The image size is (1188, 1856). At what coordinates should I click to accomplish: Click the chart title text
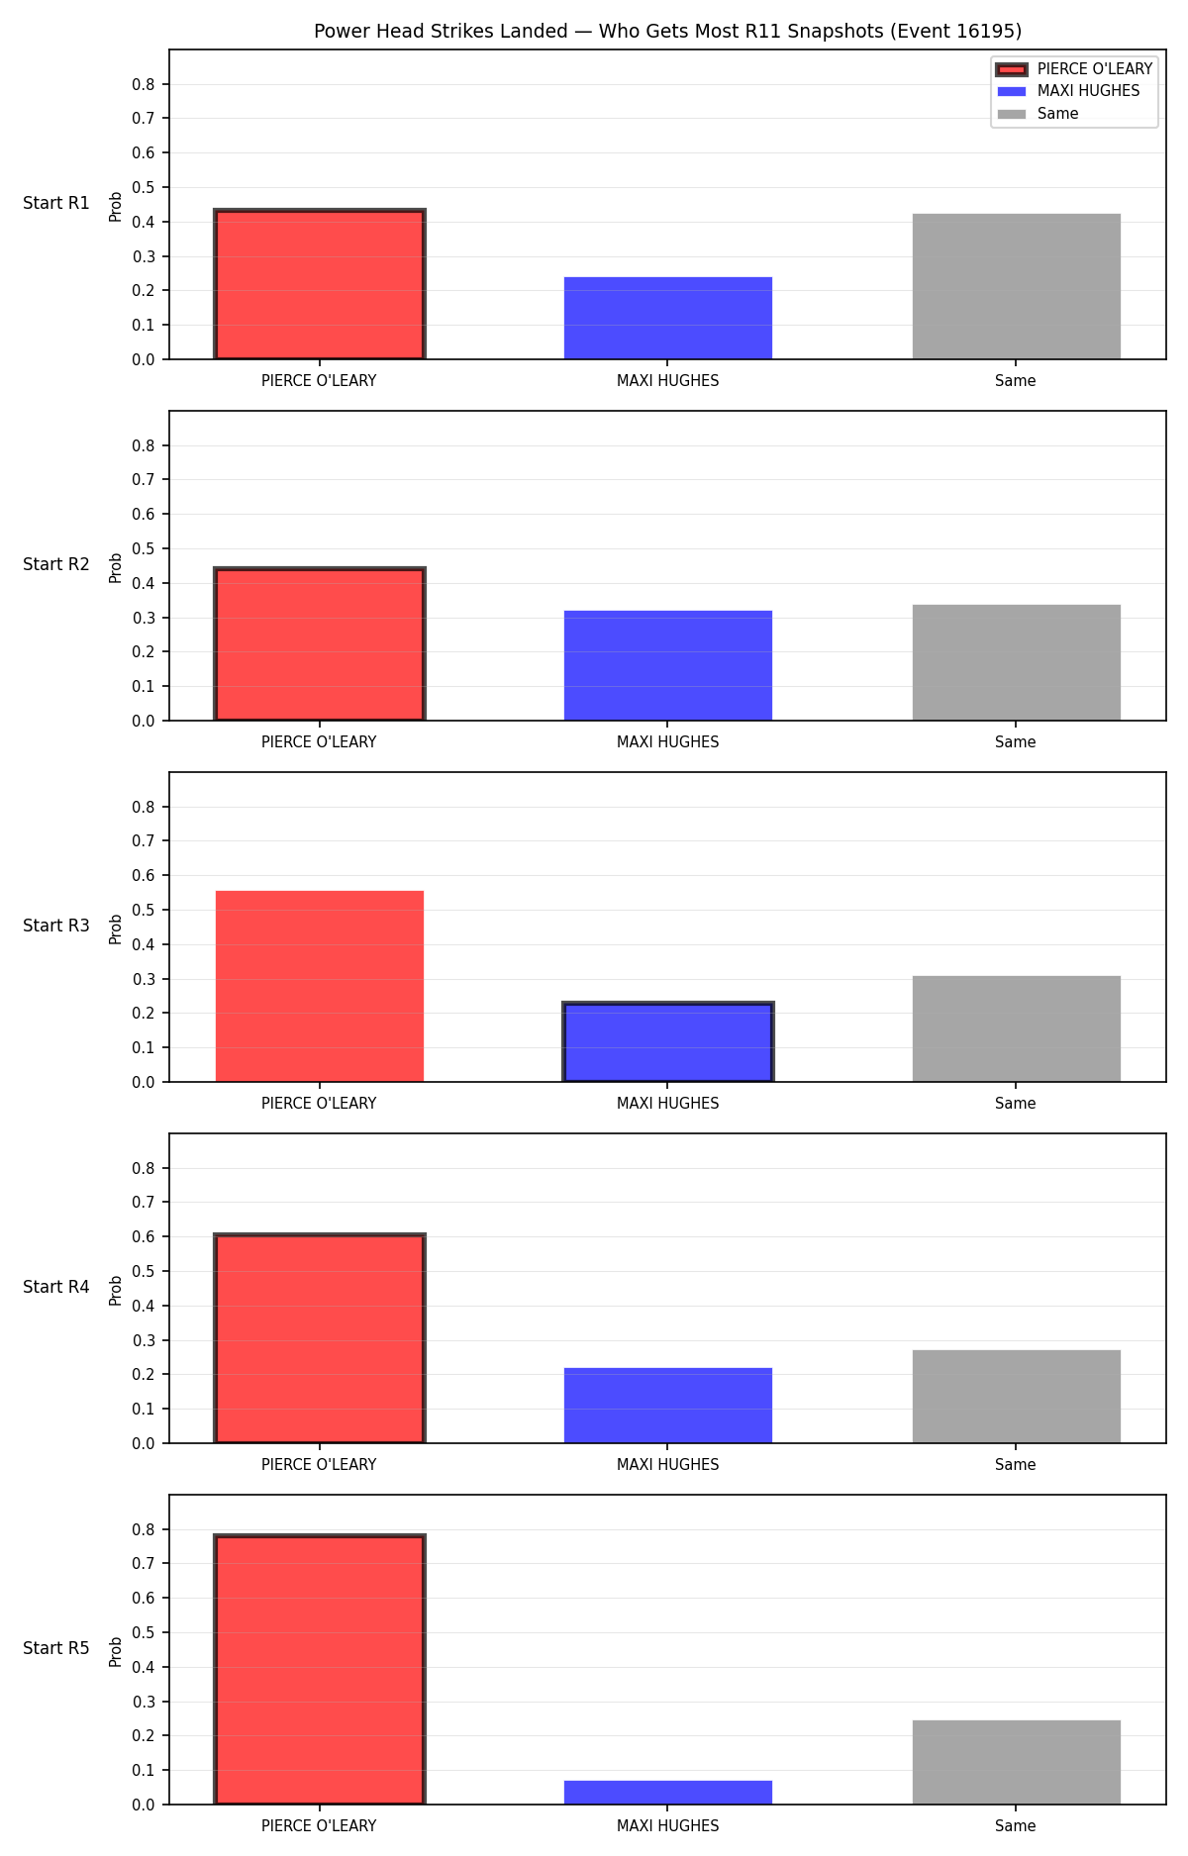click(667, 31)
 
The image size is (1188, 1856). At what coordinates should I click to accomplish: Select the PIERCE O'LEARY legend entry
click(1074, 69)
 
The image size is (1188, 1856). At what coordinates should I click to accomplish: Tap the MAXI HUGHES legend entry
click(1068, 91)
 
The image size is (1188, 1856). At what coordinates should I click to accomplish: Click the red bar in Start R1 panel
click(320, 285)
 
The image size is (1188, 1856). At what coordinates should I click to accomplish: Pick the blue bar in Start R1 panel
click(668, 318)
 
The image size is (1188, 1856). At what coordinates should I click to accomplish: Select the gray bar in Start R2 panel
click(1017, 662)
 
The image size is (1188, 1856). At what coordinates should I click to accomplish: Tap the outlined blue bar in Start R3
click(668, 1042)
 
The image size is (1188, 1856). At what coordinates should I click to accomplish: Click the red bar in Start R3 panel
click(320, 986)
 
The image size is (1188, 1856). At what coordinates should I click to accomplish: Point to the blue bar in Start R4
click(668, 1406)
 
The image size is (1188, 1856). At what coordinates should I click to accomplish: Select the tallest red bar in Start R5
click(320, 1670)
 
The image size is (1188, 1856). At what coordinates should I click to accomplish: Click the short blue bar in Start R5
click(668, 1793)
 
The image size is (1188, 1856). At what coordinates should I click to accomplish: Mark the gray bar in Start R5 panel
click(1017, 1762)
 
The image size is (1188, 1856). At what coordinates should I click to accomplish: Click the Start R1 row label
click(56, 203)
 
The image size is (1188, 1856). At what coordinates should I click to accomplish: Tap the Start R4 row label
click(56, 1287)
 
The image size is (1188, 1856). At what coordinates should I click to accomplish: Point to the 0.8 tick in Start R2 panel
click(144, 445)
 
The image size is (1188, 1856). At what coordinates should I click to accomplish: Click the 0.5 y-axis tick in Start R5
click(144, 1632)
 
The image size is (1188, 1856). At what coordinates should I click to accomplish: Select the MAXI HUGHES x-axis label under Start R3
click(668, 1103)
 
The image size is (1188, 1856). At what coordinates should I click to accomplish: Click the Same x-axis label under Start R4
click(1016, 1464)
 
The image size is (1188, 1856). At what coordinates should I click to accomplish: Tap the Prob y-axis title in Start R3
click(116, 928)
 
